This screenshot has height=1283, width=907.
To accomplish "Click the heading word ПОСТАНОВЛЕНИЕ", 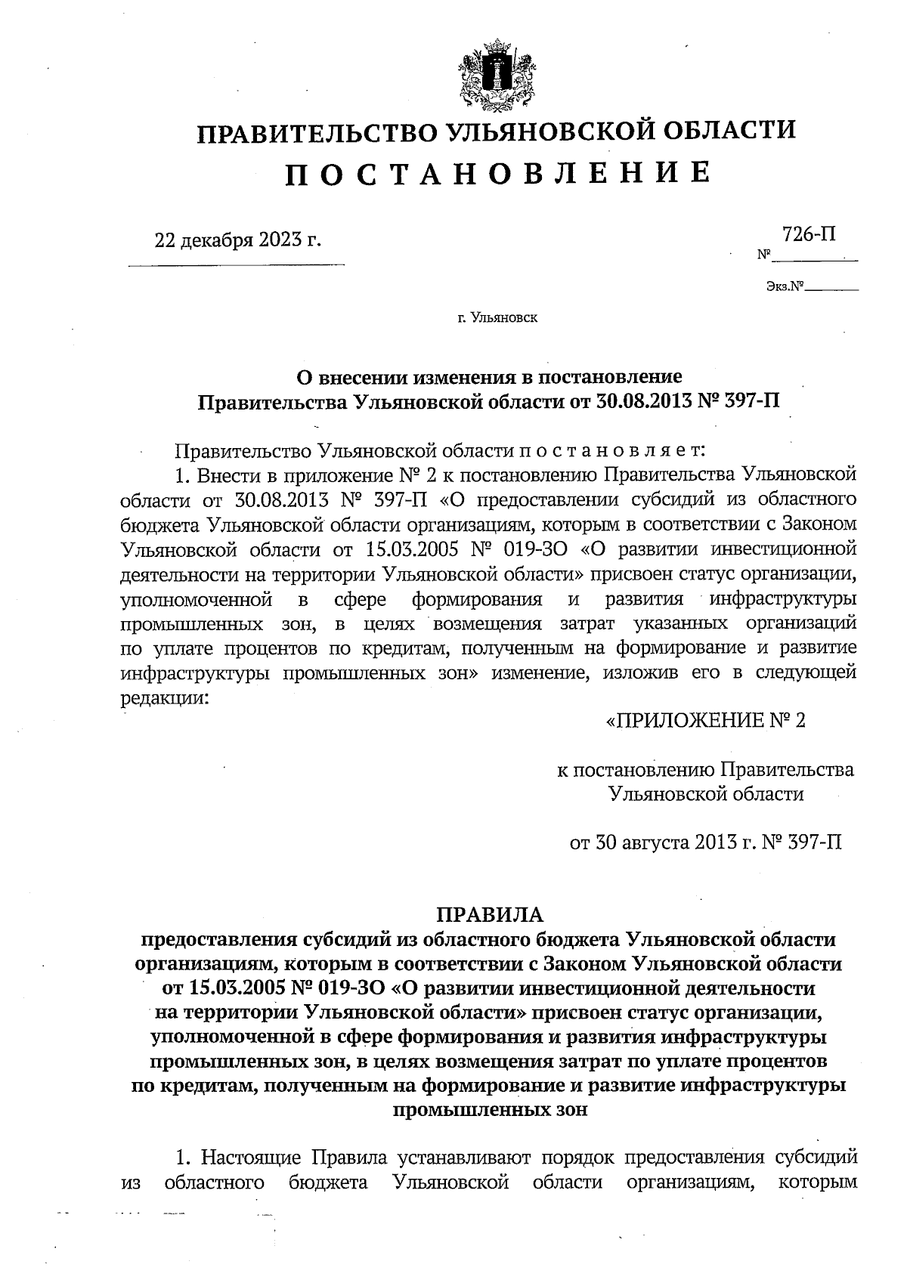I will pos(498,175).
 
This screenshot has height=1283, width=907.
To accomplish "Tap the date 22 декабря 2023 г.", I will pos(237,241).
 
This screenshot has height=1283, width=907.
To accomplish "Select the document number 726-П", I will pos(809,235).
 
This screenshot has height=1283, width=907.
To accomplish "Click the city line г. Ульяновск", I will pos(497,318).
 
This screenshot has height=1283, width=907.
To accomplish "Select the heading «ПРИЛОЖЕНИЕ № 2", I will pos(706,720).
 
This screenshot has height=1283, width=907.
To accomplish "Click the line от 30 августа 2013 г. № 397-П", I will pos(705,842).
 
